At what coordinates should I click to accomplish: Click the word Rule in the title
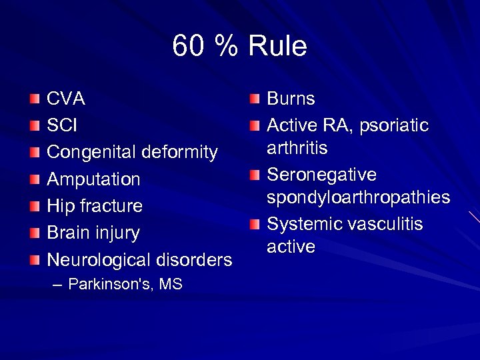[x=278, y=47]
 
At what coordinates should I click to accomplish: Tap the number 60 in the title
[x=187, y=47]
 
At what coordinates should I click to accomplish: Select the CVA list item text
[x=65, y=99]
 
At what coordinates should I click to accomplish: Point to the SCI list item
[x=61, y=126]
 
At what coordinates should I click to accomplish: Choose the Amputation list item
[x=93, y=179]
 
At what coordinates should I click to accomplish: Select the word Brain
[x=71, y=233]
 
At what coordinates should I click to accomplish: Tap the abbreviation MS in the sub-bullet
[x=171, y=285]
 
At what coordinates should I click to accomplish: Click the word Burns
[x=291, y=99]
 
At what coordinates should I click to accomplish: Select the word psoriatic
[x=394, y=126]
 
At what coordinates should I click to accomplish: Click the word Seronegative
[x=322, y=175]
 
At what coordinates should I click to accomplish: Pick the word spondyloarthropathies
[x=358, y=198]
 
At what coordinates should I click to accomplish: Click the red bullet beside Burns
[x=255, y=100]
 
